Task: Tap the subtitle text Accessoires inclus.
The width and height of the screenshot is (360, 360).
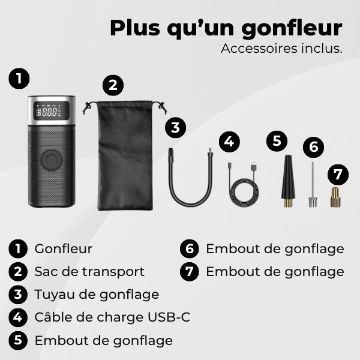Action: pos(281,49)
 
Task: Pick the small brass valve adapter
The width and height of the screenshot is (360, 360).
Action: pos(335,197)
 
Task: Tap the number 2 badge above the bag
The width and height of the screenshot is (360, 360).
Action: pos(113,85)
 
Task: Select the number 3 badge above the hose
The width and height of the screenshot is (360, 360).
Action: pos(175,127)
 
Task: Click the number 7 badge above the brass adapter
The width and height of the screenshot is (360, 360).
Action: pos(338,174)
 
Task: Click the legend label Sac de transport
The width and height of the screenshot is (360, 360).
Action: pos(89,271)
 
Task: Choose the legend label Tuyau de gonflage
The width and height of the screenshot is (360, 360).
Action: pos(97,294)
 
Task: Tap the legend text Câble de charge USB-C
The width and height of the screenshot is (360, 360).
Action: pos(112,317)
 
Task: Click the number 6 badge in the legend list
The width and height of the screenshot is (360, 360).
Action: pos(190,248)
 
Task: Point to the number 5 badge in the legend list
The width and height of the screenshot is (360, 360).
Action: pos(19,340)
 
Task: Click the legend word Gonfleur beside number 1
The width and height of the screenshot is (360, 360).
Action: pos(63,248)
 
